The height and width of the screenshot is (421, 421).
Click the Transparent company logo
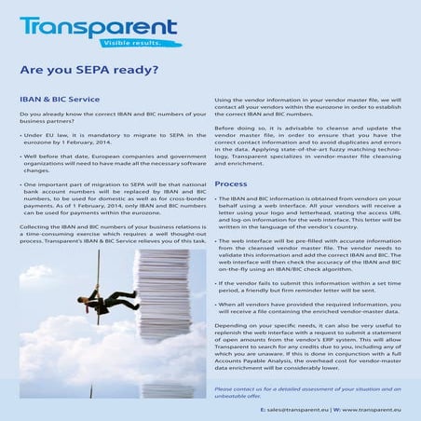(98, 25)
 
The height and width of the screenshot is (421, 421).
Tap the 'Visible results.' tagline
(138, 42)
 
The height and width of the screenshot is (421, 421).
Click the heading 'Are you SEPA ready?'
(88, 69)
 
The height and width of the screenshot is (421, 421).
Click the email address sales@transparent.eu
(294, 409)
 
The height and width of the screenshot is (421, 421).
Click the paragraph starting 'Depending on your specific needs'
(312, 363)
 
